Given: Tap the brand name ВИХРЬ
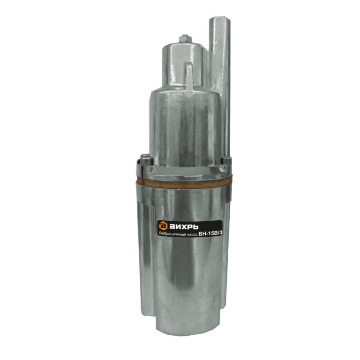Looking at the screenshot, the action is point(184,227).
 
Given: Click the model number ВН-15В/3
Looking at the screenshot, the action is point(211,233).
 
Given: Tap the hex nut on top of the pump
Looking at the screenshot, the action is point(185,39).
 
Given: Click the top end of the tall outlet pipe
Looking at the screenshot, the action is point(220,19).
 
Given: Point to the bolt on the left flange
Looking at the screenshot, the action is point(146,159).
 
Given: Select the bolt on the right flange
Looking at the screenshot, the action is point(225,160).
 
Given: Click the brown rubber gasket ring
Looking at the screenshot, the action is point(184,182).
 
